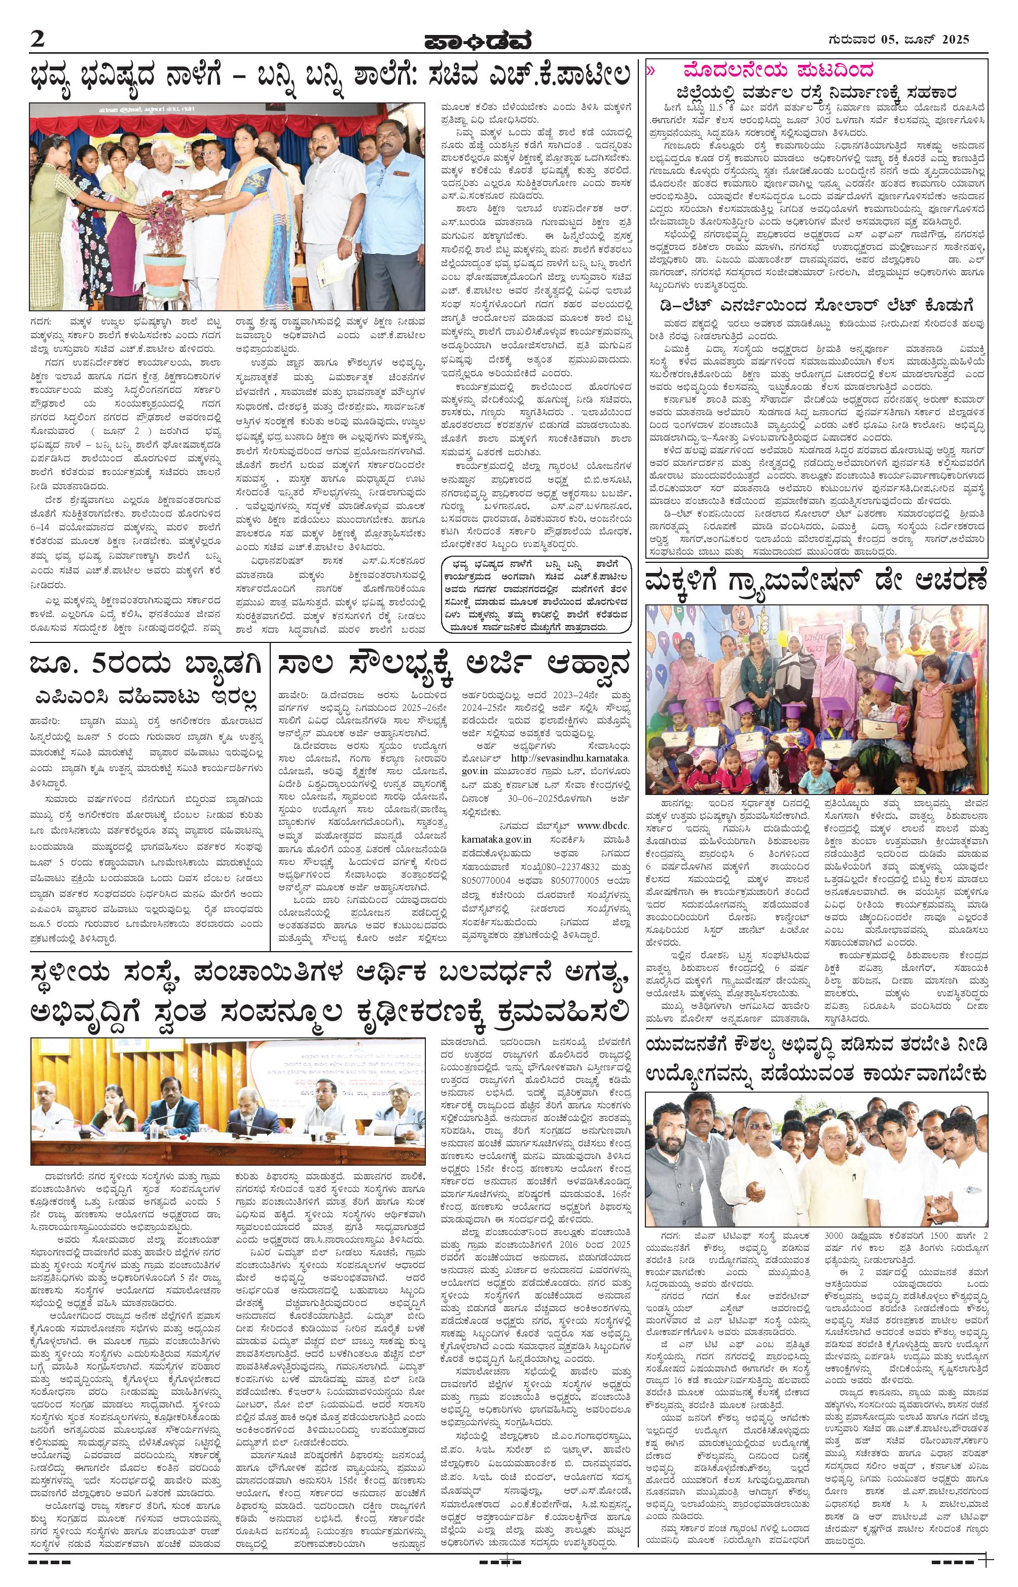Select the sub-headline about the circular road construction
(818, 93)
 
